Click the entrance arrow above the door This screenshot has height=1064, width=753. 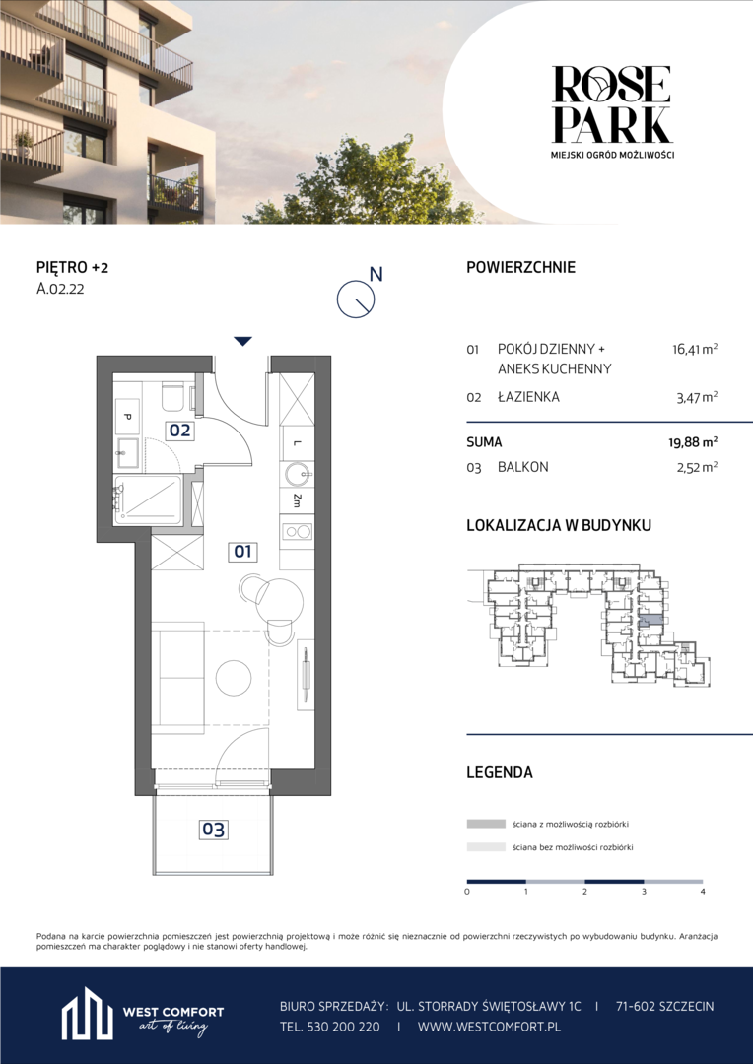pos(242,341)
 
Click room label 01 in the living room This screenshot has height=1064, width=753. pos(242,553)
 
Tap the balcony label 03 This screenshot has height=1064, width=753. pos(213,830)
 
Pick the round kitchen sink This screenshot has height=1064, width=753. pos(296,474)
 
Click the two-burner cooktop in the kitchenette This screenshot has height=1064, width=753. pos(296,531)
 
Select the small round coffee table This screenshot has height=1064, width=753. pos(234,677)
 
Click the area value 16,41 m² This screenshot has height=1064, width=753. pos(692,350)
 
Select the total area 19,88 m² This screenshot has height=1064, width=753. pos(692,442)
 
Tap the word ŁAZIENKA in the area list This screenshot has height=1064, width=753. pos(529,398)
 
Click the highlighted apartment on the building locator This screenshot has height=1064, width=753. pos(650,620)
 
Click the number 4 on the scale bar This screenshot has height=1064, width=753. pos(703,891)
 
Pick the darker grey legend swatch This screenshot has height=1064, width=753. pos(486,824)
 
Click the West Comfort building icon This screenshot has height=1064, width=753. pos(88,1017)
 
